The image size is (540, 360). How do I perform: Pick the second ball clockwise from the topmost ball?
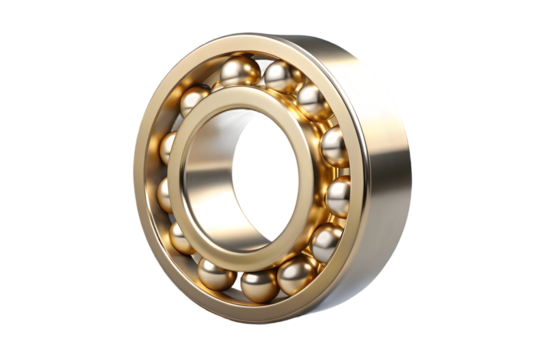[x=313, y=101]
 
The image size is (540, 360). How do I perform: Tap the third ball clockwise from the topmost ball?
[x=334, y=146]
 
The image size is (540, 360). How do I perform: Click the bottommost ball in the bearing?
[x=258, y=284]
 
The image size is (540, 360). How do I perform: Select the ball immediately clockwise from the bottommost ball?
[x=216, y=273]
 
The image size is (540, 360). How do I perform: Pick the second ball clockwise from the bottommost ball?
[x=183, y=238]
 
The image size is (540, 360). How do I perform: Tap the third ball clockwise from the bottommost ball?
[x=168, y=194]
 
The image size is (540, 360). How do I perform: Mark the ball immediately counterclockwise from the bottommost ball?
[x=297, y=273]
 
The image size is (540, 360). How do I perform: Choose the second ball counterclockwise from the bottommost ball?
[x=326, y=241]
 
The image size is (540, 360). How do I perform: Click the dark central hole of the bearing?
[x=262, y=175]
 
